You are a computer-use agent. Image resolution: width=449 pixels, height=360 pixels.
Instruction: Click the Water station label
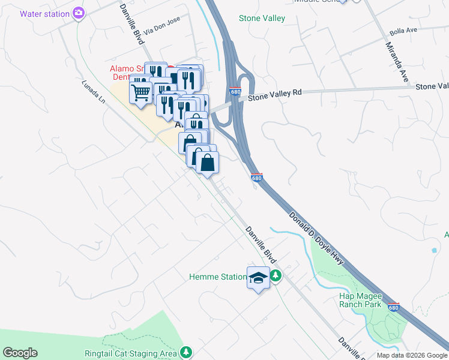coord(44,13)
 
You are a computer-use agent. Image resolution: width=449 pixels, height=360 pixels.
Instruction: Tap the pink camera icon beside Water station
coord(79,13)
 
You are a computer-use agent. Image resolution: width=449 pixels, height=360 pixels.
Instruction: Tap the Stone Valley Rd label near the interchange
coord(274,94)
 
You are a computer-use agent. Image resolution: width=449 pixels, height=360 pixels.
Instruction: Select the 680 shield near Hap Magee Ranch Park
coord(393,307)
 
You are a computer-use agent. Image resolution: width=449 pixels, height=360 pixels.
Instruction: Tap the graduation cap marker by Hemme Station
coord(258,278)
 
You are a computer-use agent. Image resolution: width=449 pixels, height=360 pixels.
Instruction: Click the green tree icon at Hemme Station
coord(276,276)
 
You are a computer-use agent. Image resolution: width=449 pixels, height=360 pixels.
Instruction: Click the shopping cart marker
coord(140,93)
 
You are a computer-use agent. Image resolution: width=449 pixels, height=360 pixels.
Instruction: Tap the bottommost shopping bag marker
coord(207,163)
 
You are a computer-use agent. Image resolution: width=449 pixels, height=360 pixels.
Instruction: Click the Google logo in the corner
coord(20,353)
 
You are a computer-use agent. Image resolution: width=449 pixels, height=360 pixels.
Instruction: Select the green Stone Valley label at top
coord(262,19)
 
